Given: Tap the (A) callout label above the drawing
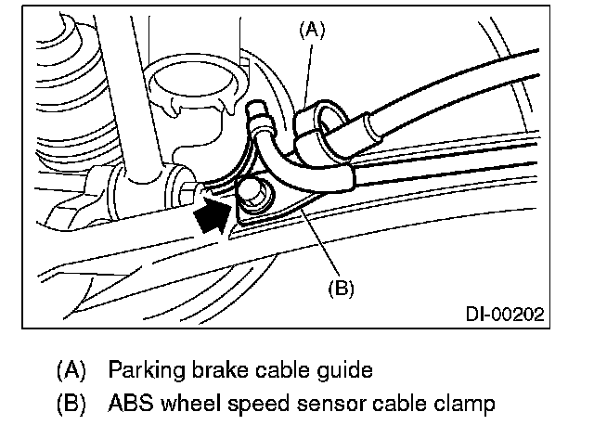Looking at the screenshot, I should point(312,29).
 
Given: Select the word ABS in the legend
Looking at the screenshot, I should point(128,404).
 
